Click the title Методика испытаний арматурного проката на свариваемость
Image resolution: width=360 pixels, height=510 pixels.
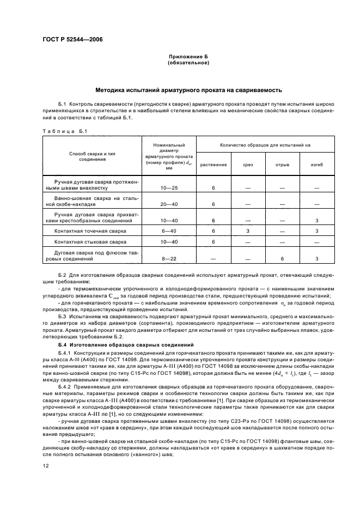pyautogui.click(x=188, y=90)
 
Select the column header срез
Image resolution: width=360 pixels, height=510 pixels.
pyautogui.click(x=247, y=164)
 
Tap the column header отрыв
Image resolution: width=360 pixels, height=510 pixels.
pyautogui.click(x=282, y=164)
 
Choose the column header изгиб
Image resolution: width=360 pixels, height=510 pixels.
pyautogui.click(x=316, y=164)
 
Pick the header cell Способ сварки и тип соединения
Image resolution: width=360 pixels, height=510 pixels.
pyautogui.click(x=88, y=156)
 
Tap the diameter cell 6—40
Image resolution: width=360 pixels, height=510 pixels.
pyautogui.click(x=169, y=231)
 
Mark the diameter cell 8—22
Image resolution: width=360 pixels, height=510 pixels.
pyautogui.click(x=169, y=259)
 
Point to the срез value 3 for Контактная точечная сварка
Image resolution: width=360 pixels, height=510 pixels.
pyautogui.click(x=247, y=231)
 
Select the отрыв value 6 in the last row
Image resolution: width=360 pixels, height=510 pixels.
pyautogui.click(x=282, y=259)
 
